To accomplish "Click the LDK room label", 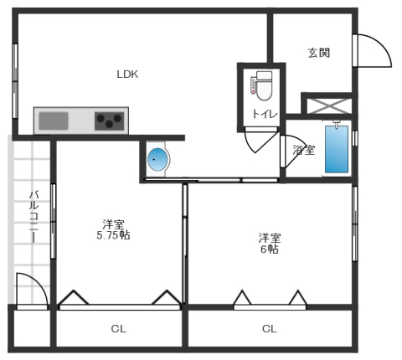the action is tap(127, 75).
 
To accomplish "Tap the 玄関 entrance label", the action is tap(319, 53).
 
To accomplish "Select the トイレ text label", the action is tap(265, 114).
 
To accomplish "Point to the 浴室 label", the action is tap(304, 150).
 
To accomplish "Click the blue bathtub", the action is tap(337, 149).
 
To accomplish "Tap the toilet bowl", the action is tap(264, 86).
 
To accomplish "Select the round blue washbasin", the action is tap(157, 160).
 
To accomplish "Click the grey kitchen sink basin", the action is tap(54, 121).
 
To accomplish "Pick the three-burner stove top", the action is tap(110, 121).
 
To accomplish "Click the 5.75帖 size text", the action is tap(113, 235).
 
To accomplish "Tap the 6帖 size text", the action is tap(270, 249).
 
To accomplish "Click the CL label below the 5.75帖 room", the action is tap(118, 329).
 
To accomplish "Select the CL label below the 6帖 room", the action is tap(270, 329).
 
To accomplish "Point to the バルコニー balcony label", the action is tap(34, 217).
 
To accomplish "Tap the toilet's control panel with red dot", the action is tap(253, 86).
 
